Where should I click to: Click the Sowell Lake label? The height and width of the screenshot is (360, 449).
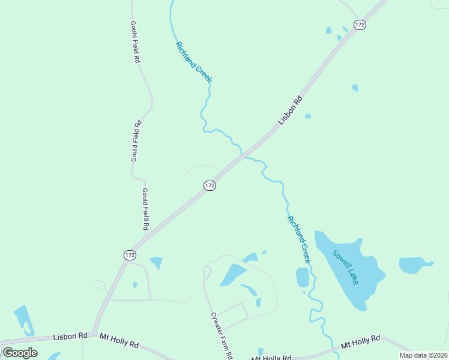[x=346, y=267]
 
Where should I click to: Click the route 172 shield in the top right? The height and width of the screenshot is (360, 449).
[x=360, y=25]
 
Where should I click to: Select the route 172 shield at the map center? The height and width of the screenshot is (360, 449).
[x=209, y=186]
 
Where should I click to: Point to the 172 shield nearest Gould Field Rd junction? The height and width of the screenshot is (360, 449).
[x=130, y=255]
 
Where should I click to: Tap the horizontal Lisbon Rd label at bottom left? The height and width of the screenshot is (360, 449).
[x=70, y=337]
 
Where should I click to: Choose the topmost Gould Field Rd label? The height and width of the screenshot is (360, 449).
[x=135, y=42]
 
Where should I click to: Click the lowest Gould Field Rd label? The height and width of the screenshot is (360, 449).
[x=145, y=209]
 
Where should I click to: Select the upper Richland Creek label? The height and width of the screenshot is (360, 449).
[x=193, y=62]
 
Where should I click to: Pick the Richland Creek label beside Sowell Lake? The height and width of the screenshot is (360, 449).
[x=299, y=239]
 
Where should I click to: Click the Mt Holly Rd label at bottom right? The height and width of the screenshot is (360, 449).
[x=360, y=342]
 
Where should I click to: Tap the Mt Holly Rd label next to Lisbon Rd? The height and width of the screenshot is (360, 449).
[x=119, y=341]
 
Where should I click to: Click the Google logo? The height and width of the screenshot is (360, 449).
[x=20, y=353]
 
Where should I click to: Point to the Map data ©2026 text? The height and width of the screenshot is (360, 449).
[x=423, y=355]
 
